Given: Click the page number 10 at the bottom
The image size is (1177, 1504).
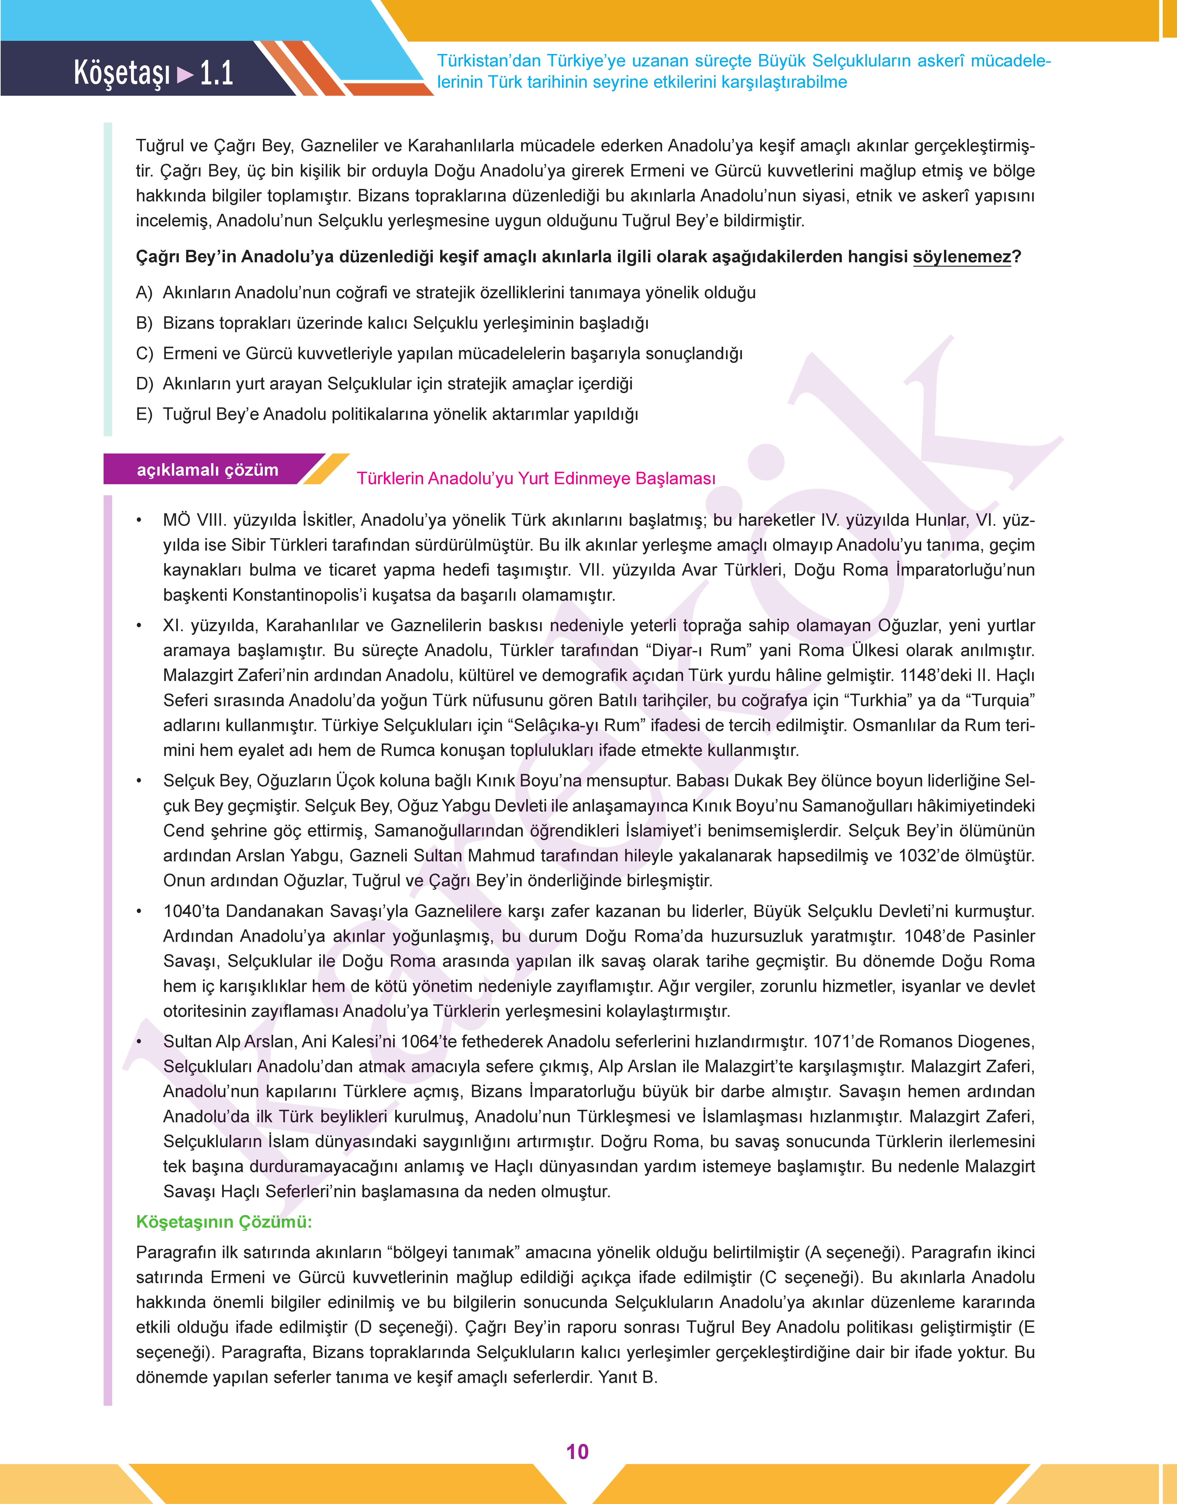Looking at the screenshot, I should pyautogui.click(x=577, y=1452).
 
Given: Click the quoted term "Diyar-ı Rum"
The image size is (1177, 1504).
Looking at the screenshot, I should pyautogui.click(x=704, y=650).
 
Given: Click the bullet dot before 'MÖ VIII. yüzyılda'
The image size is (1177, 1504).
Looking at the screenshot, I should pyautogui.click(x=139, y=521).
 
